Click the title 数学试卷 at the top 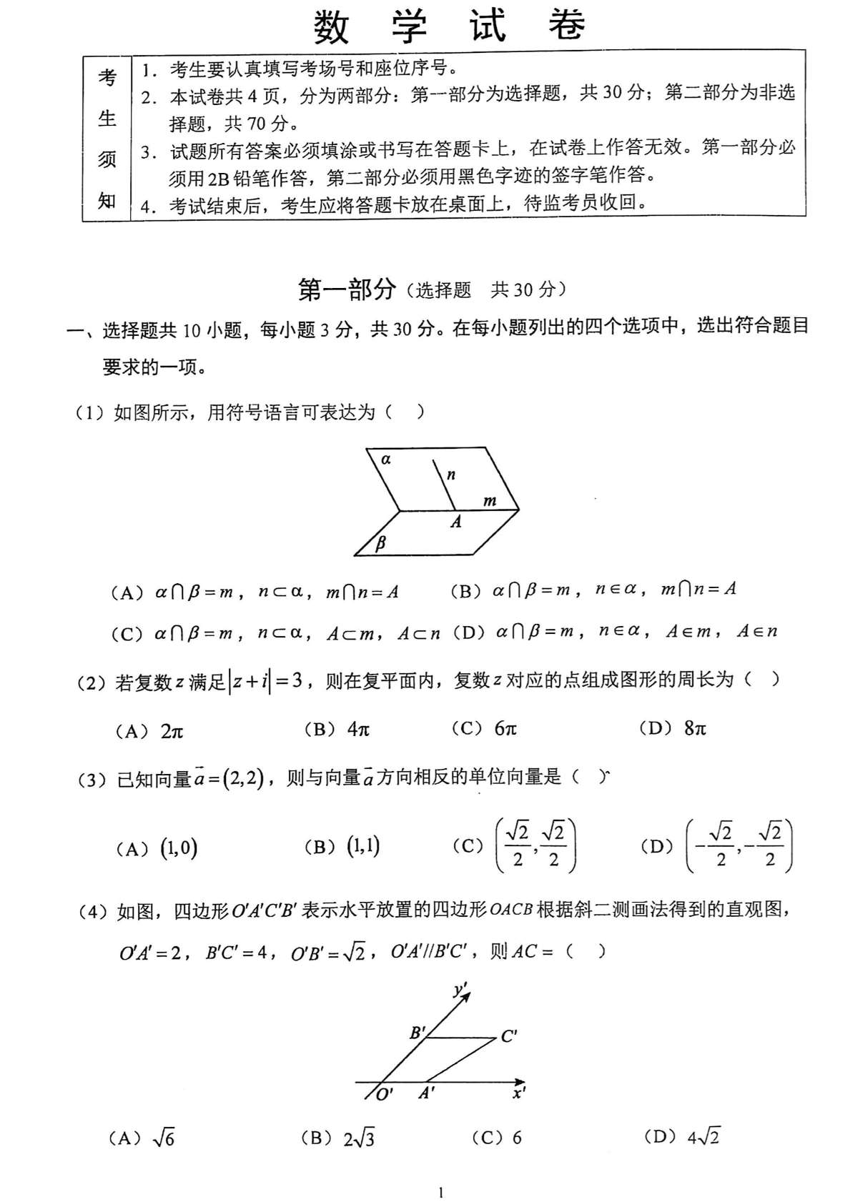449,26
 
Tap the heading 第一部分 347,289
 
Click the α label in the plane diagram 386,460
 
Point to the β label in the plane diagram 380,542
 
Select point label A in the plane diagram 456,522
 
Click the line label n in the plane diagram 451,475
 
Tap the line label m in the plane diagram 490,501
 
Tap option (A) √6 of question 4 142,1138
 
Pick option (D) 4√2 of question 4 682,1136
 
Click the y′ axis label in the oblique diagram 460,990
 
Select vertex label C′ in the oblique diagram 509,1036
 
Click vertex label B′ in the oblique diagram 417,1033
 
